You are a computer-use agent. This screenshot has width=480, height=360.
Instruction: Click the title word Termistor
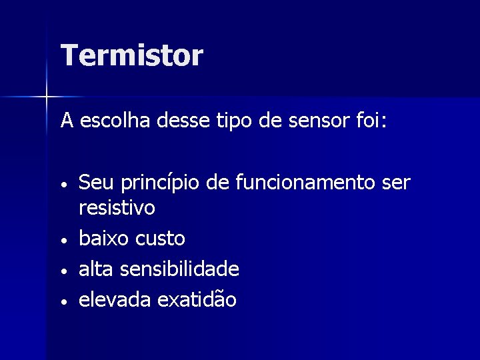pyautogui.click(x=131, y=55)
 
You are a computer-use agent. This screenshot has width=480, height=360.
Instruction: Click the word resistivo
pyautogui.click(x=117, y=209)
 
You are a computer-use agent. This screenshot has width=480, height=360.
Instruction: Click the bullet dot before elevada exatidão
pyautogui.click(x=65, y=301)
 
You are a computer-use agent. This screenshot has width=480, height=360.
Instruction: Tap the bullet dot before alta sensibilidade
pyautogui.click(x=65, y=271)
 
